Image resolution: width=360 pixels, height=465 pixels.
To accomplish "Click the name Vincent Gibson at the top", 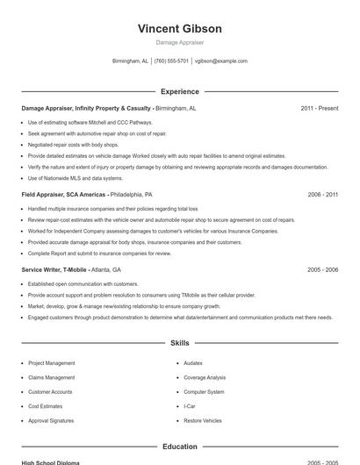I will click(179, 28).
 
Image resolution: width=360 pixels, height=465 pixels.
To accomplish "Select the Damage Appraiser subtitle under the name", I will click(179, 42).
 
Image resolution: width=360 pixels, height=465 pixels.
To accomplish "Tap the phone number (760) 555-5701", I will click(172, 61).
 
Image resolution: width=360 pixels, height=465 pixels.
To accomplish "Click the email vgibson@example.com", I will click(220, 61).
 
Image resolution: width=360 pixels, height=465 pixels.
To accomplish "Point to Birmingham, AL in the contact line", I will click(131, 61).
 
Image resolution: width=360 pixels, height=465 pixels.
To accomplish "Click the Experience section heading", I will click(179, 91).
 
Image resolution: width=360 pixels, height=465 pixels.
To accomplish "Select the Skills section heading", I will click(179, 343).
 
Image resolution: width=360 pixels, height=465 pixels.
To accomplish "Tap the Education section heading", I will click(179, 447).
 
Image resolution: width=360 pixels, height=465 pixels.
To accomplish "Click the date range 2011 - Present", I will click(319, 108).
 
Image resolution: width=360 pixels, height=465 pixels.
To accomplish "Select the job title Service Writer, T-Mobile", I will click(54, 269).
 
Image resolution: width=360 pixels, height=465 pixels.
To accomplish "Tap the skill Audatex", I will click(193, 362).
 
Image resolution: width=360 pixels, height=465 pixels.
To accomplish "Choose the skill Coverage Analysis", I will click(205, 377).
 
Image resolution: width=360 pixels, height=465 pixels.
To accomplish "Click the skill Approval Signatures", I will click(52, 421).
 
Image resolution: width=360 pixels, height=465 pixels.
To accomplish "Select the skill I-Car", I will click(190, 406).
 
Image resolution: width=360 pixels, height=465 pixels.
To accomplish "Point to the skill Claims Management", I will click(51, 377).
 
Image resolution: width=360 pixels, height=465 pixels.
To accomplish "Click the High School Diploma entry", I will click(50, 462).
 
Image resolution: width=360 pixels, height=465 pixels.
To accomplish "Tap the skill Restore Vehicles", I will click(203, 421).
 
